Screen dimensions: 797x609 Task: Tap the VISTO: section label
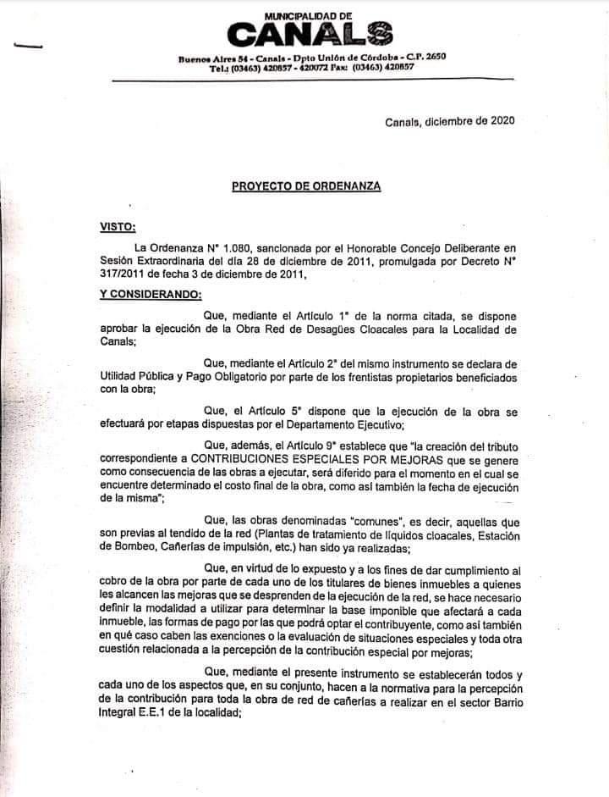(x=118, y=226)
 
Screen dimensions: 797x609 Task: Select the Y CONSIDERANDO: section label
(x=151, y=294)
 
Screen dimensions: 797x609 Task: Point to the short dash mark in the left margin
(x=27, y=48)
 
